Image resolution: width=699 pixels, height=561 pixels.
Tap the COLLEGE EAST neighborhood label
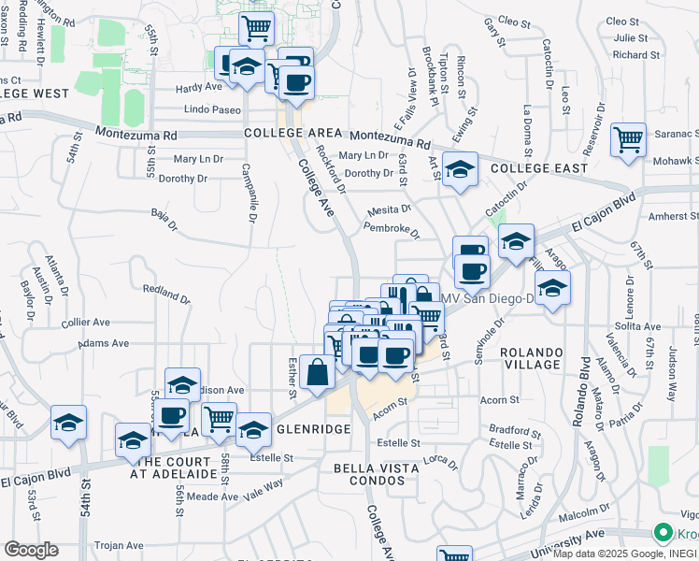539,168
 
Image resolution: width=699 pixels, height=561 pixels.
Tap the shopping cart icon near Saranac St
629,140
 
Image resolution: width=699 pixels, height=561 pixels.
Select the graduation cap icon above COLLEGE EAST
460,170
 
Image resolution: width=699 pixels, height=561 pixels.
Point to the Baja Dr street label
164,219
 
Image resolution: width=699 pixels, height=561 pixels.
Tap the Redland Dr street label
166,294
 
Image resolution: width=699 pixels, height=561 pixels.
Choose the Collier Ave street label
86,322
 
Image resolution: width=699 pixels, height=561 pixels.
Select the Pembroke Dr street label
387,227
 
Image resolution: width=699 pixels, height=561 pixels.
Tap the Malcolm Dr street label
584,514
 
